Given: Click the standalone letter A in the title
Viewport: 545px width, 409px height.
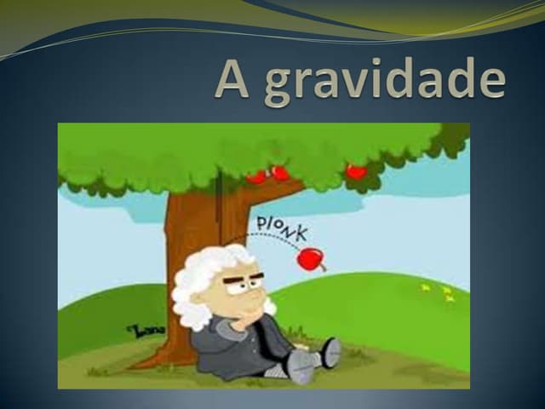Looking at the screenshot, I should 236,80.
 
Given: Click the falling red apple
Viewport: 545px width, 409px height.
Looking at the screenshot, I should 310,257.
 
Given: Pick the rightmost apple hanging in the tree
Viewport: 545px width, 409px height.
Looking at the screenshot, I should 356,171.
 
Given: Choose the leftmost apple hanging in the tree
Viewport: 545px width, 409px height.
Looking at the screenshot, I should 256,176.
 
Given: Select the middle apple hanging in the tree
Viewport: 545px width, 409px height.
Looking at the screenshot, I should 279,173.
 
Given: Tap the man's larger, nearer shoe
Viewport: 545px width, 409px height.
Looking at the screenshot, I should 301,366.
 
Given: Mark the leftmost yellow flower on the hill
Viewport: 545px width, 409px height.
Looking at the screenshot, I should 425,288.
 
